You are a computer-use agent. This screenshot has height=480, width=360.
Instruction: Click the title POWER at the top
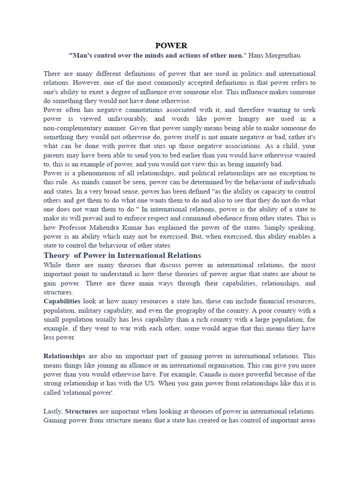tap(171, 45)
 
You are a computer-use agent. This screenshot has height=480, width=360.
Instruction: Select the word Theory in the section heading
tap(56, 255)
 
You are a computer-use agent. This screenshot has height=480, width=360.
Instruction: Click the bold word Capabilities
tap(62, 300)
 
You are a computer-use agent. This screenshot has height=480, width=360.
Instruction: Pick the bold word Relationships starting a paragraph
tap(64, 356)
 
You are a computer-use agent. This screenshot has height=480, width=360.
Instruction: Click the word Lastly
tap(53, 411)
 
